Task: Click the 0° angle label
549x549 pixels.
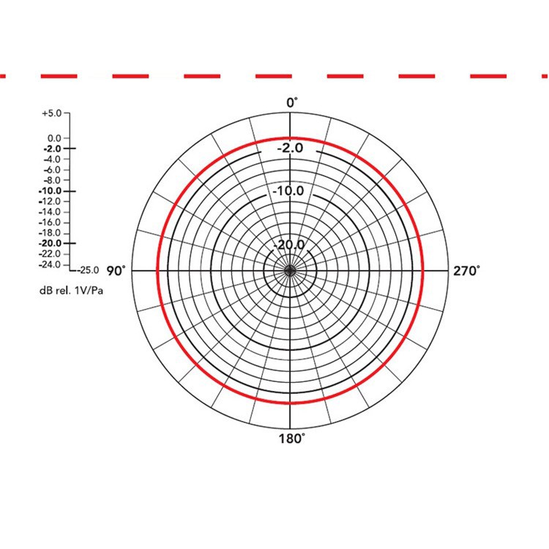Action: coord(292,103)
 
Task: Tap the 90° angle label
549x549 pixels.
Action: coord(116,271)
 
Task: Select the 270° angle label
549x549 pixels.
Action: coord(467,271)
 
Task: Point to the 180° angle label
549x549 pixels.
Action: coord(291,438)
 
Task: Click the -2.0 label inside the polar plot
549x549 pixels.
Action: coord(291,148)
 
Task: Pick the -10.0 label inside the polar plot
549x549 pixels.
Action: coord(288,191)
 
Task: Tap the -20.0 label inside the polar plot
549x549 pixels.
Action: coord(289,244)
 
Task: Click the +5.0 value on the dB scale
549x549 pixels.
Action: coord(51,113)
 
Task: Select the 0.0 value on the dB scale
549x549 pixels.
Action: coord(54,138)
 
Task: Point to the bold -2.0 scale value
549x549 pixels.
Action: coord(52,149)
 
